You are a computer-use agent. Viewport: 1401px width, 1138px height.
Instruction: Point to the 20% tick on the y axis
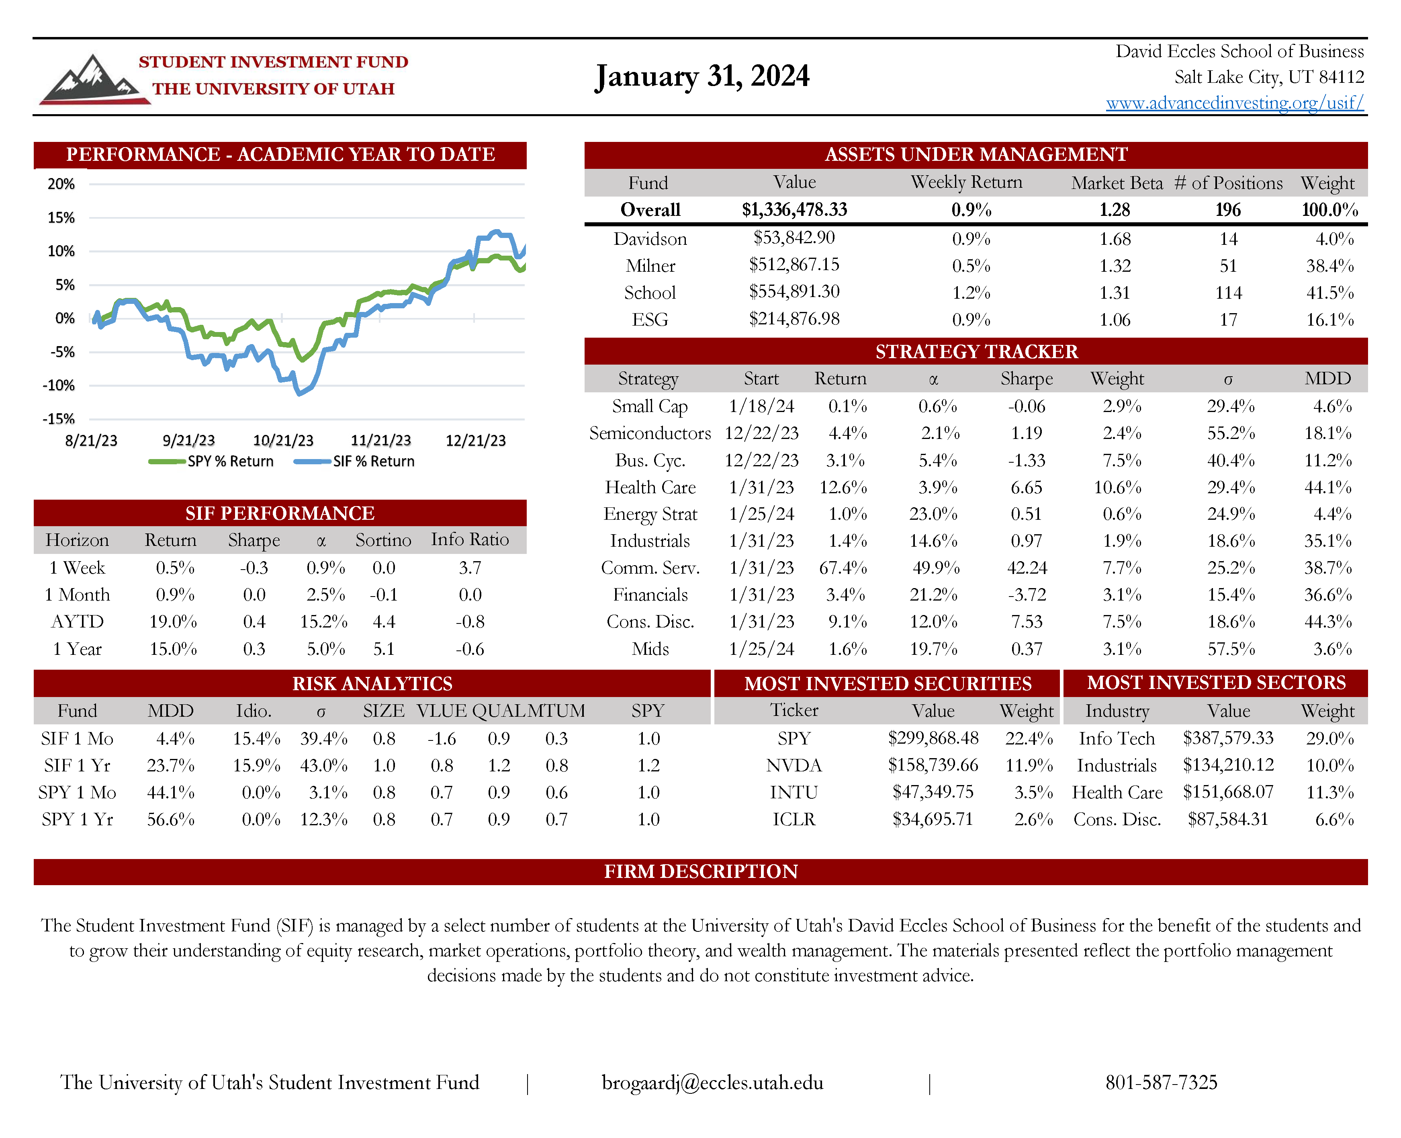(61, 184)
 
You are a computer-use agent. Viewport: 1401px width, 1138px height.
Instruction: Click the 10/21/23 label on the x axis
(283, 441)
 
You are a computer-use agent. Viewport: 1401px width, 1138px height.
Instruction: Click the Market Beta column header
(1117, 183)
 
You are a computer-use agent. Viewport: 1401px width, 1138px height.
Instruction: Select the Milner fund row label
(650, 265)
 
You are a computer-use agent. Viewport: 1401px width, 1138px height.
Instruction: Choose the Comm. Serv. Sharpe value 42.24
(1026, 568)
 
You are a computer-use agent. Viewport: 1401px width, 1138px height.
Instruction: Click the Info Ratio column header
(469, 539)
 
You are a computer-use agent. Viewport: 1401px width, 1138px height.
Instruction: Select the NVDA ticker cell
(794, 766)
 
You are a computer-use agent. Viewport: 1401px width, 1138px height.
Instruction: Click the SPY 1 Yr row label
(77, 819)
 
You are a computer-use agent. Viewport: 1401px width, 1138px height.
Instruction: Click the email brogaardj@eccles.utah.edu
(712, 1082)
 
